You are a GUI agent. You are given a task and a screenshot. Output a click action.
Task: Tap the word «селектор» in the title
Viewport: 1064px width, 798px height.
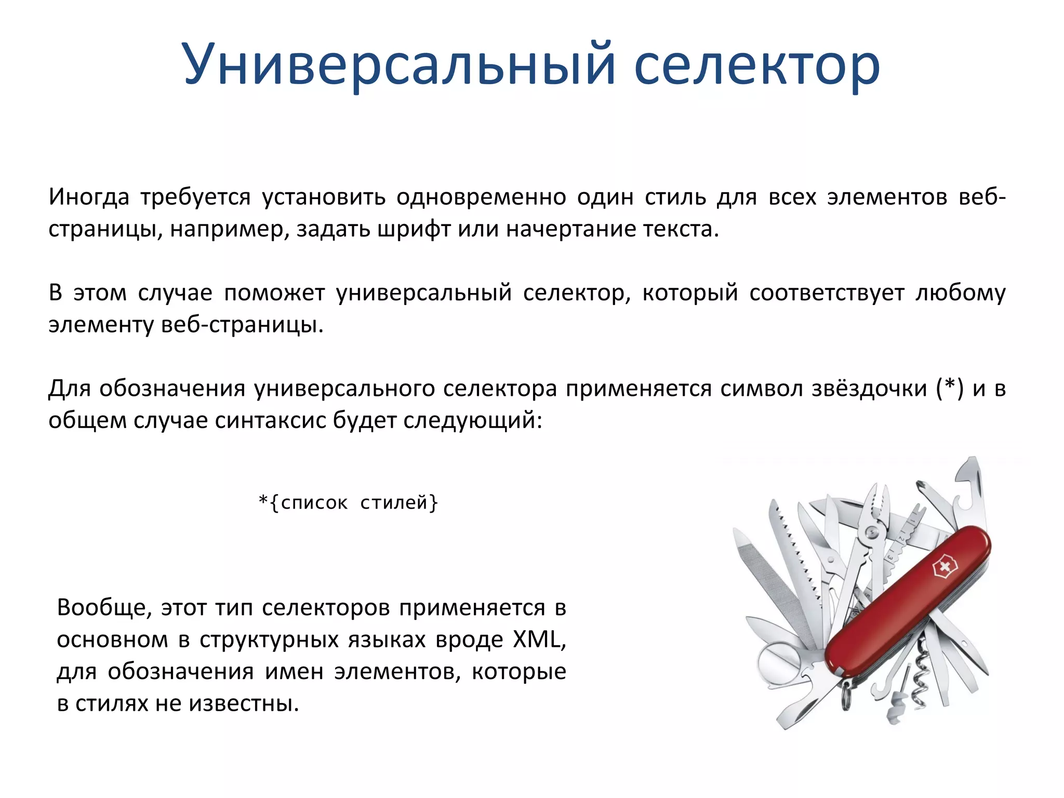coord(756,65)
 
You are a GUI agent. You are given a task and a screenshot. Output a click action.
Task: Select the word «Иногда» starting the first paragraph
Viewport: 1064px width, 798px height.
coord(89,197)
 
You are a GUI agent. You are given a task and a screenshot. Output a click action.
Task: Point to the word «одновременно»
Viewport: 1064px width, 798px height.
coord(481,197)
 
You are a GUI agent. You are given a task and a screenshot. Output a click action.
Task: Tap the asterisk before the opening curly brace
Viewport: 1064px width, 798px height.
coord(263,501)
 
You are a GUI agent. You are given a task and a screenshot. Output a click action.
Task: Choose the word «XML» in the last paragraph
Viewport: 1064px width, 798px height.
coord(537,640)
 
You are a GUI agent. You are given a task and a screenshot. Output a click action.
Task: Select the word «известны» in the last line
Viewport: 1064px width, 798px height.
coord(244,703)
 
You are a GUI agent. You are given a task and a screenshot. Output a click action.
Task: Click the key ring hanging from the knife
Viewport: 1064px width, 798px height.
coord(846,696)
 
